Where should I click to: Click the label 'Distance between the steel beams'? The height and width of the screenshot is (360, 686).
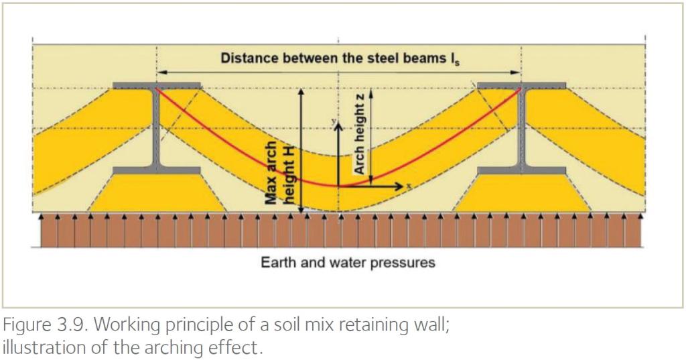coord(333,58)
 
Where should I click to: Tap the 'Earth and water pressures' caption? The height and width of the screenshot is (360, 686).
coord(348,263)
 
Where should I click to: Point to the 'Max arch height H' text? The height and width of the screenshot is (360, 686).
coord(281,173)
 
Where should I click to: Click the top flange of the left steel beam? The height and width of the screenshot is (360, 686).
coord(157,85)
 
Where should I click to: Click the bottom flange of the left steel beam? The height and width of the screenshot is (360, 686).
coord(157,170)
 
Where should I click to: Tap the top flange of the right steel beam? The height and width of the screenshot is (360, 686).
coord(521,85)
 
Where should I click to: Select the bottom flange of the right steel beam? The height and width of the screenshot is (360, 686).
coord(521,170)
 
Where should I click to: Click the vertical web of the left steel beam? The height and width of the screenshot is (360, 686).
coord(156,128)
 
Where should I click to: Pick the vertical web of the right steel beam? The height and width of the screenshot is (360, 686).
coord(521,128)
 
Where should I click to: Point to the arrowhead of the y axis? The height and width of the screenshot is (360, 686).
coord(338,125)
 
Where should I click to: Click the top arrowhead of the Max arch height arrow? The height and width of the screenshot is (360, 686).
coord(301,93)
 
